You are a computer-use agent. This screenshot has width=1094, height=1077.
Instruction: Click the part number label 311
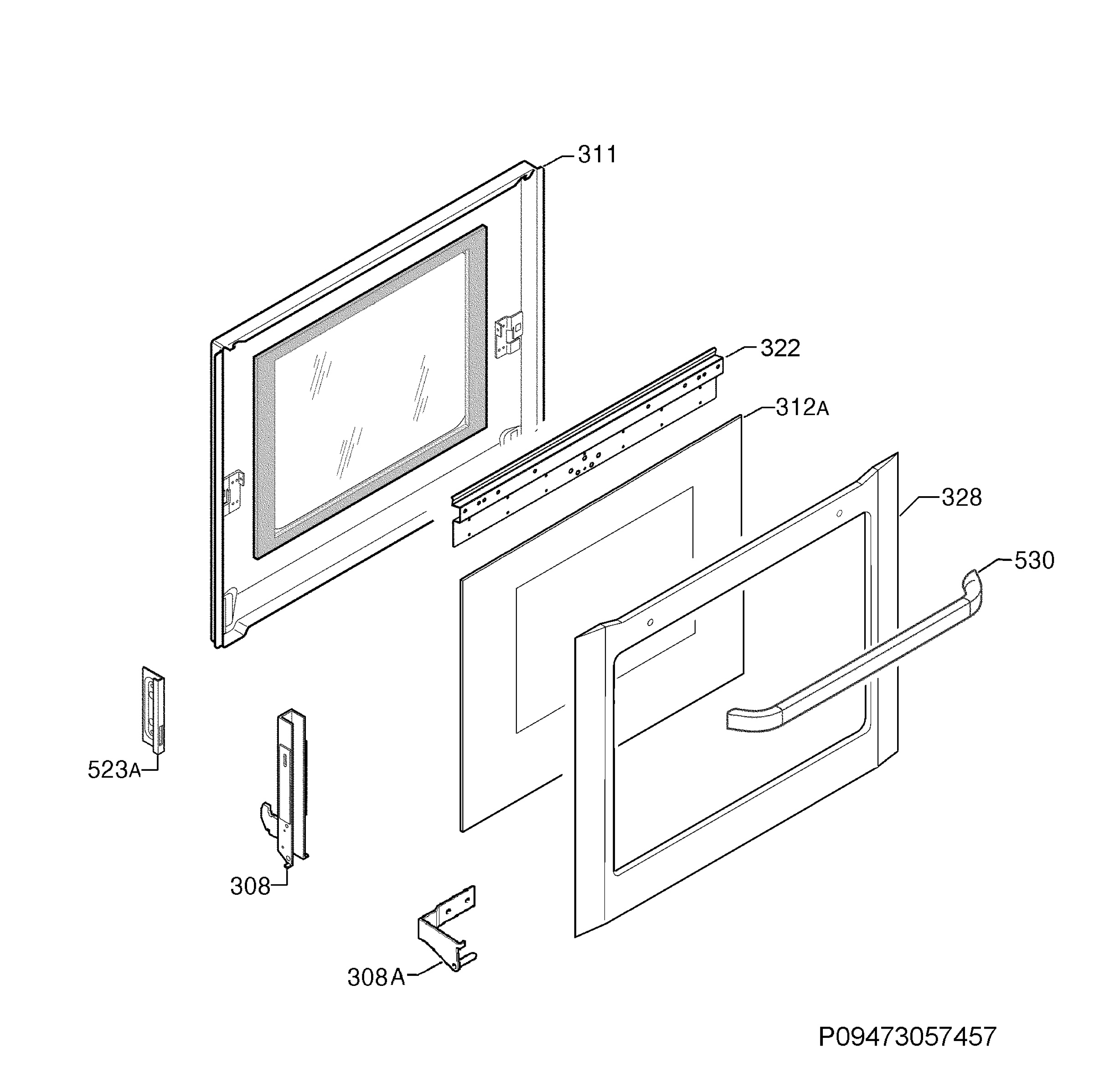click(597, 154)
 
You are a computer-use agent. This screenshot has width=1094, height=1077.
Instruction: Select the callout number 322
click(780, 349)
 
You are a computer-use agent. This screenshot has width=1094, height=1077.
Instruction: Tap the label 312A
click(802, 407)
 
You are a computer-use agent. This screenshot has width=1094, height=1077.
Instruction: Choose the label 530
click(1034, 560)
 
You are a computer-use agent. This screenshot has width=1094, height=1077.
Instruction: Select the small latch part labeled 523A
click(153, 710)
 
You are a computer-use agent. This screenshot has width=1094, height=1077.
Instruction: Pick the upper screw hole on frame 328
click(839, 513)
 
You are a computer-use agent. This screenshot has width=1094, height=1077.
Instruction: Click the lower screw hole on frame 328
click(650, 623)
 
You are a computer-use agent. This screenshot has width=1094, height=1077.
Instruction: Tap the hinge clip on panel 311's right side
click(508, 334)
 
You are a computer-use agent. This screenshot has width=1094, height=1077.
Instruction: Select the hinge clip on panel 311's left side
click(234, 491)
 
